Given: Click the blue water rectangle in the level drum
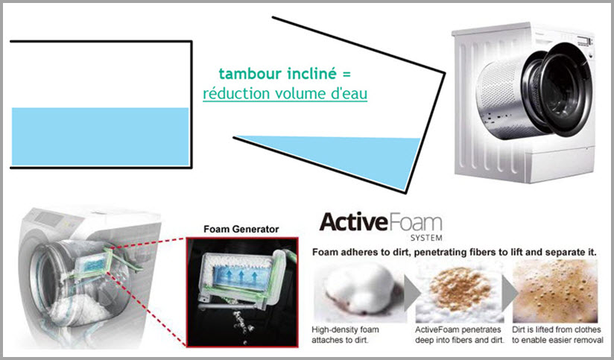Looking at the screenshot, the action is tap(101, 136).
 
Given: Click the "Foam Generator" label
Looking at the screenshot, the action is tap(241, 229).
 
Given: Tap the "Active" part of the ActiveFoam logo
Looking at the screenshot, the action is tap(354, 222).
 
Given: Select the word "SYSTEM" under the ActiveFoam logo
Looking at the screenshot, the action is tap(426, 237).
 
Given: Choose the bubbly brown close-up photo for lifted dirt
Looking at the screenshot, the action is tap(555, 291).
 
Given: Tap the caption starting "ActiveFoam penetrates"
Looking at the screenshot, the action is tap(460, 335).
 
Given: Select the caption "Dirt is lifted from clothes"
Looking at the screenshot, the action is tap(557, 330).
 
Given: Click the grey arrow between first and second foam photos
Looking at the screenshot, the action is tap(411, 293).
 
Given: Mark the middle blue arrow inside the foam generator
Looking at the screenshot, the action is tap(241, 275).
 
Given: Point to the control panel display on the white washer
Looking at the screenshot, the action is tap(583, 40).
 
